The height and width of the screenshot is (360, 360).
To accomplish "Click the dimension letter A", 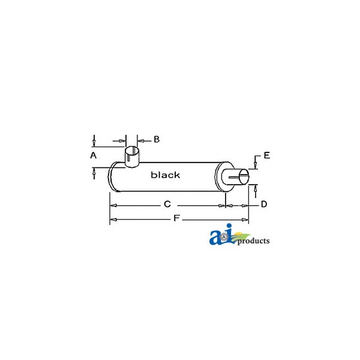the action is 93,155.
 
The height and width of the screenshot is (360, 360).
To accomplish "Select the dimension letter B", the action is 157,139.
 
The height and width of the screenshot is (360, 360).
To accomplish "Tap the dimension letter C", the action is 167,204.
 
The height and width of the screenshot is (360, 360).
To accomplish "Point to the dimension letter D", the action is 264,204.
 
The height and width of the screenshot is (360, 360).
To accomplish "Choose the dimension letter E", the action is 267,155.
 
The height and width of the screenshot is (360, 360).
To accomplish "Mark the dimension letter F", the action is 176,218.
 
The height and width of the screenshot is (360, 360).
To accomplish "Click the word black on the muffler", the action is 166,175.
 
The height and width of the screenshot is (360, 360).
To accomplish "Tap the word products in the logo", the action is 253,241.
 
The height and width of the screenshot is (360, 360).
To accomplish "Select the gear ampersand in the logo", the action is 225,236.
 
